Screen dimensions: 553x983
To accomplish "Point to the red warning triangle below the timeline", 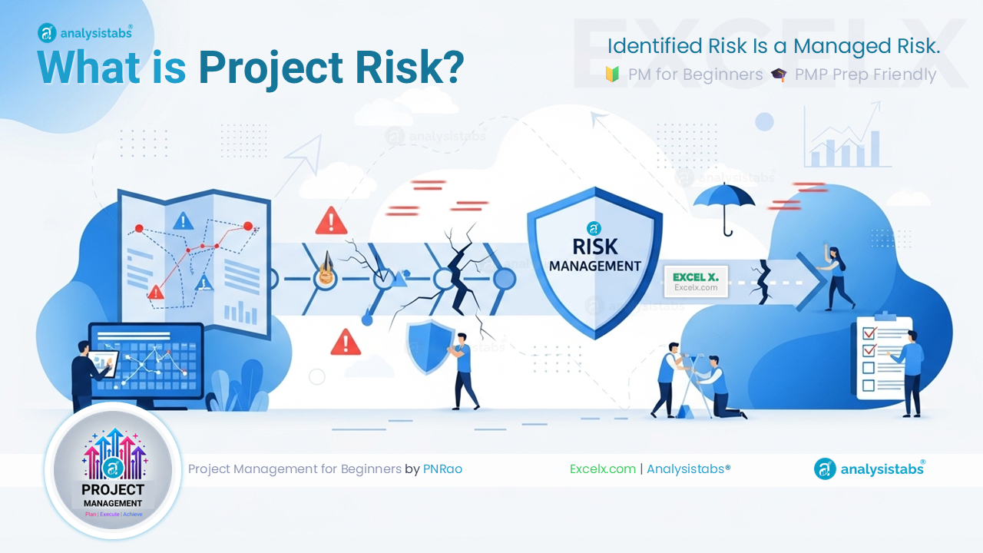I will pos(346,343).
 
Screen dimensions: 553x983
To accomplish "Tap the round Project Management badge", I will pos(114,470).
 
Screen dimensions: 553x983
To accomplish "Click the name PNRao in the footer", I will pos(442,469).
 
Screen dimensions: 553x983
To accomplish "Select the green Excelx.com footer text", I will pos(602,469).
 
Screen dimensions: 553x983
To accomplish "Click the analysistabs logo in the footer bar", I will pos(869,469).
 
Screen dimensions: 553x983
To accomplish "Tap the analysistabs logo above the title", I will pos(85,32).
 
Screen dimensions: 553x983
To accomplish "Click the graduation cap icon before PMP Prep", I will pos(779,75).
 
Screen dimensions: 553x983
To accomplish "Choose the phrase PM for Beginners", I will pos(695,75).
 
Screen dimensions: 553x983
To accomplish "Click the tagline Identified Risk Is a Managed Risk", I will pos(773,46).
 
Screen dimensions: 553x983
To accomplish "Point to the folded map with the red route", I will pos(192,261).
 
